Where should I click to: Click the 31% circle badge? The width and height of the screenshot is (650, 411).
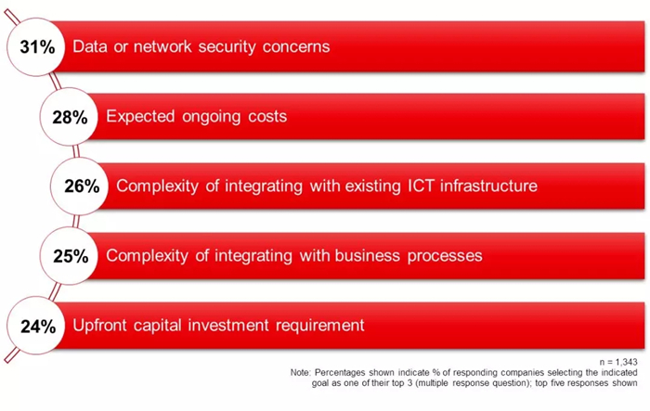36,46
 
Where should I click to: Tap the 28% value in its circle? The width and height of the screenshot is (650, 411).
70,117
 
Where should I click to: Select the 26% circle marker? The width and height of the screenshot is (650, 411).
80,186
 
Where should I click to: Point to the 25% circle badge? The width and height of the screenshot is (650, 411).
70,256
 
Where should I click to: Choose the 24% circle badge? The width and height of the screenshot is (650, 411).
36,326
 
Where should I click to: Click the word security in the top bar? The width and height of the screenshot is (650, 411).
227,47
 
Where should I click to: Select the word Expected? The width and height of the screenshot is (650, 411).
140,117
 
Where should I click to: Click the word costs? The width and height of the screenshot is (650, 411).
267,117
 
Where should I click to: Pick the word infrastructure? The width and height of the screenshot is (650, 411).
488,186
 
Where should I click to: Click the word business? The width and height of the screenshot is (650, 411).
368,256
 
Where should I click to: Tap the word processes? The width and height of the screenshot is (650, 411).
445,256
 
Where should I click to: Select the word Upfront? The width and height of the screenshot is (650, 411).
99,326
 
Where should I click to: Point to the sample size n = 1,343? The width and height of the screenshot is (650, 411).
618,363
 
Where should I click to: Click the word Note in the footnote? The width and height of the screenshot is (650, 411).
300,372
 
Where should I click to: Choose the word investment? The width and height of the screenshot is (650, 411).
228,326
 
